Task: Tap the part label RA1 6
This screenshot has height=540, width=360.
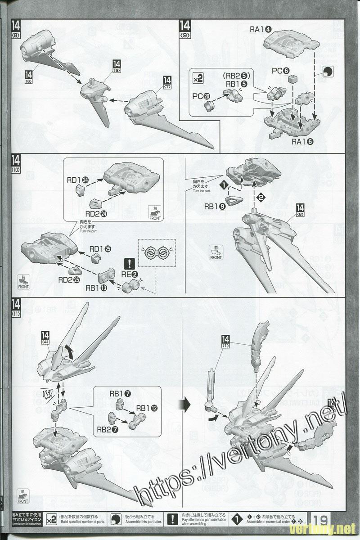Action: click(x=302, y=141)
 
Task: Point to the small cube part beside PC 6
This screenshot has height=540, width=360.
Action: click(x=293, y=80)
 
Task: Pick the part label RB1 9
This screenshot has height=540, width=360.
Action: click(x=215, y=207)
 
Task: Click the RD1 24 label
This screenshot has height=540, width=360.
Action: click(x=77, y=180)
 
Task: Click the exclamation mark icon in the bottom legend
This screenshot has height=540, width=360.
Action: click(x=173, y=519)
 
